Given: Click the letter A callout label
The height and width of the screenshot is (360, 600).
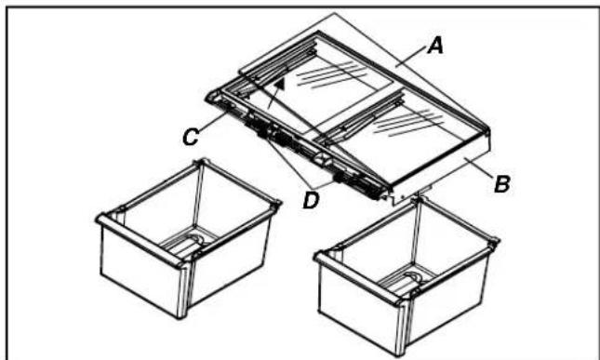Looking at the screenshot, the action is (x=435, y=47).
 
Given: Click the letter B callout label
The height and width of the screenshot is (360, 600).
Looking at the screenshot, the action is (x=502, y=184).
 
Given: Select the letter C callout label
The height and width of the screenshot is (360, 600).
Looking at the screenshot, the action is (x=190, y=138).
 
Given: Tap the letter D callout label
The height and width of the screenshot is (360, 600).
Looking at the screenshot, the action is (x=311, y=201).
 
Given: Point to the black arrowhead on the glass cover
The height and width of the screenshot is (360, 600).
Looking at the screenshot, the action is (x=280, y=85).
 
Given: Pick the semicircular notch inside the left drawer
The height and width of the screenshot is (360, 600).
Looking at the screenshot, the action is (x=198, y=240).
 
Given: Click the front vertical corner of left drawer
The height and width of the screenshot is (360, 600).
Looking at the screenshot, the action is (x=183, y=291).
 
